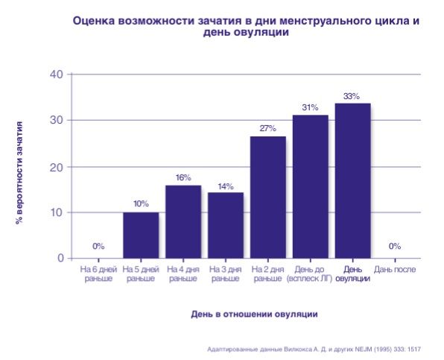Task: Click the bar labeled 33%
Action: tap(352, 180)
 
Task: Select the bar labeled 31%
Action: tap(310, 186)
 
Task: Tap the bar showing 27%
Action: tap(267, 197)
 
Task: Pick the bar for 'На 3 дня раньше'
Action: tap(225, 225)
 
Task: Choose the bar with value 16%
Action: tap(183, 221)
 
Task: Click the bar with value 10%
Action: tap(141, 235)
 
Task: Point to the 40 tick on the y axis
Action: tap(57, 74)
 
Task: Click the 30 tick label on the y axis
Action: tap(57, 120)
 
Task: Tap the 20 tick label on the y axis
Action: tap(57, 166)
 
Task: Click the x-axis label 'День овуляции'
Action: tap(352, 274)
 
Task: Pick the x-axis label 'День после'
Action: tap(395, 269)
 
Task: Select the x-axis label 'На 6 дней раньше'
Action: tap(98, 274)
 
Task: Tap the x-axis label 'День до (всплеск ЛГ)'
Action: tap(310, 274)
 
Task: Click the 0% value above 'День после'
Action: tap(395, 246)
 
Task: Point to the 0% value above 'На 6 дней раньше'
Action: tap(98, 246)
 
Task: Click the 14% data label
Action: tap(225, 186)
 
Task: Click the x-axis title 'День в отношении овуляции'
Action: tap(254, 314)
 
